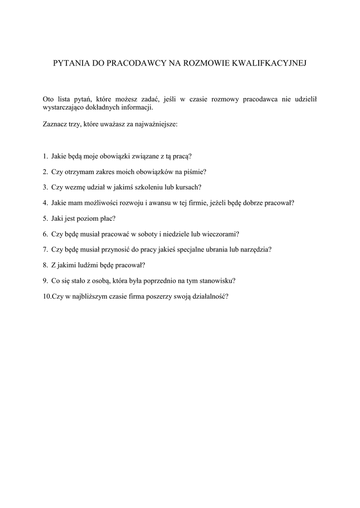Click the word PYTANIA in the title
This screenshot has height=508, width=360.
coord(70,63)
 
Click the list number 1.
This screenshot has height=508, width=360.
coord(45,156)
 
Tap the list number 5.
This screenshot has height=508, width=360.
coord(45,218)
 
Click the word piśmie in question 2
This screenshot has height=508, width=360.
coord(194,172)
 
